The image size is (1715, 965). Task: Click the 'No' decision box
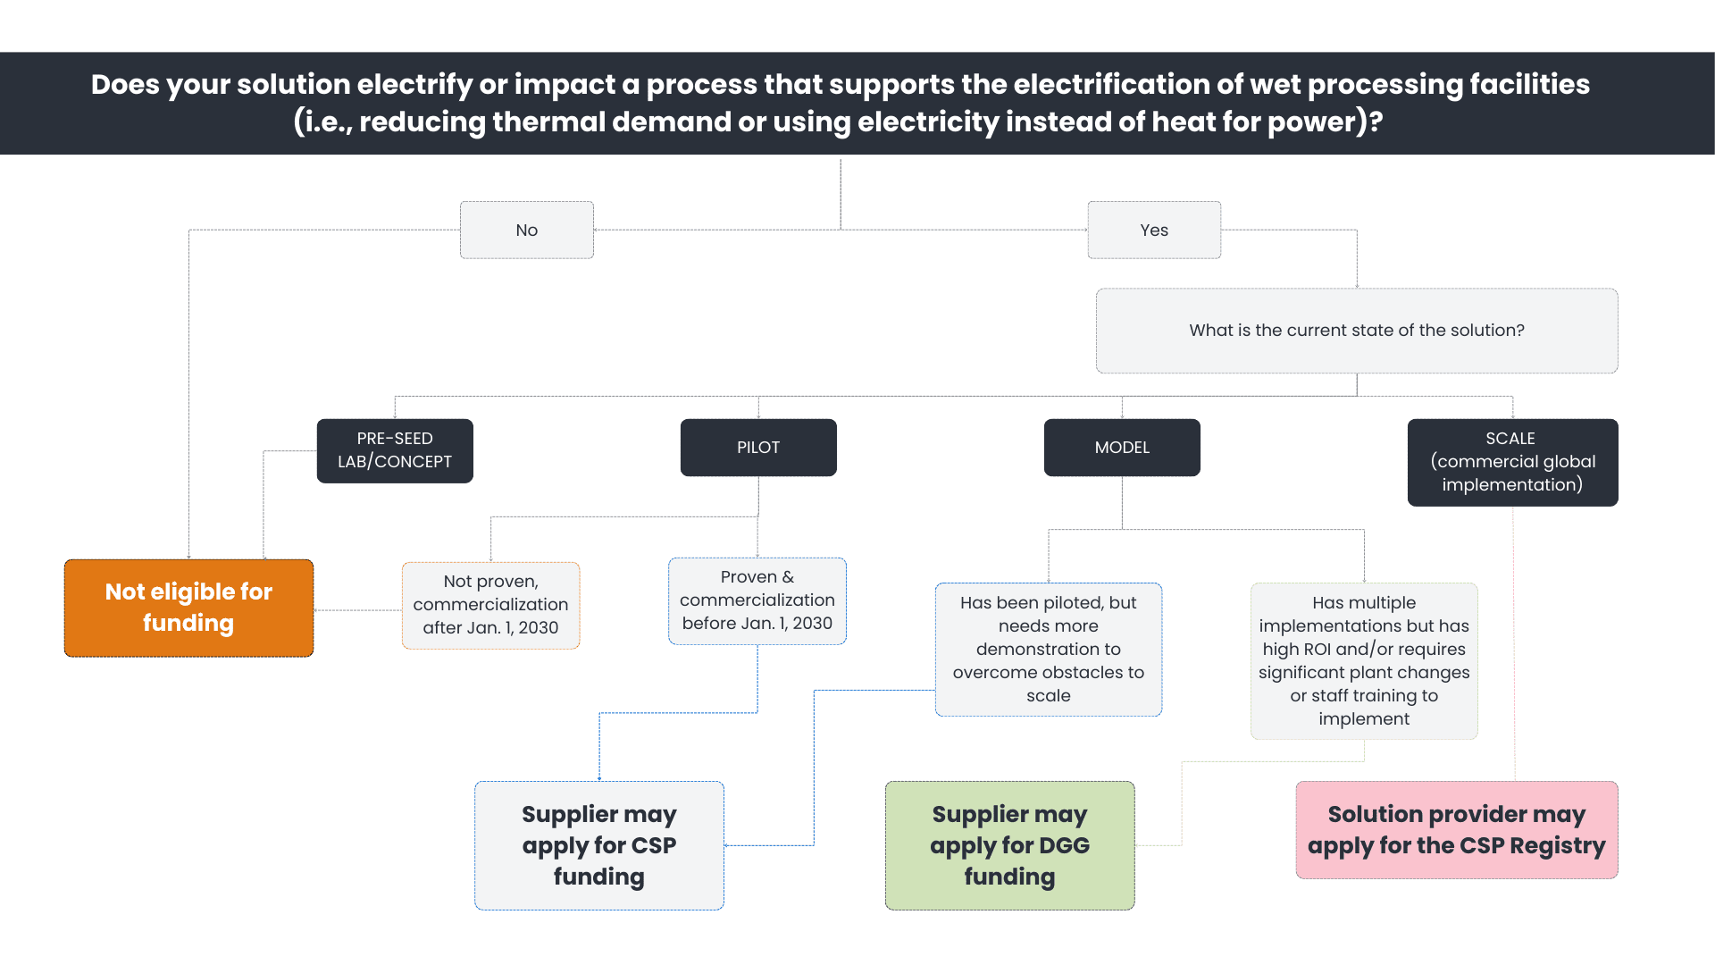[526, 230]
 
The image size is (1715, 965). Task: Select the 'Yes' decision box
[1153, 230]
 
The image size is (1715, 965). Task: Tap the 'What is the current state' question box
[1356, 330]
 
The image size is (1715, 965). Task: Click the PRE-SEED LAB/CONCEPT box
[394, 450]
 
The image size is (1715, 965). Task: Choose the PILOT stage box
[757, 447]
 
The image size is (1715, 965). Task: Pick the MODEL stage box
[1121, 447]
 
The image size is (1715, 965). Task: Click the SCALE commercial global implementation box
[1511, 462]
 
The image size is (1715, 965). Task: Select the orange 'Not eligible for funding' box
[188, 608]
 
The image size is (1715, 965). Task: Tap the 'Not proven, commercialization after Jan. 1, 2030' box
[490, 605]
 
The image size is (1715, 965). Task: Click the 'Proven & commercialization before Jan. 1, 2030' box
[757, 600]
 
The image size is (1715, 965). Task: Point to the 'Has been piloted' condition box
[1048, 649]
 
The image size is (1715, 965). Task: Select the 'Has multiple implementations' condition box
[1363, 660]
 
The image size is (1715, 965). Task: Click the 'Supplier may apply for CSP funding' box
[598, 845]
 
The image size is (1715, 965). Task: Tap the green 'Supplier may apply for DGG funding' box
[1009, 845]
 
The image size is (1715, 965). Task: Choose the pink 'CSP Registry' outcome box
[1456, 829]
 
